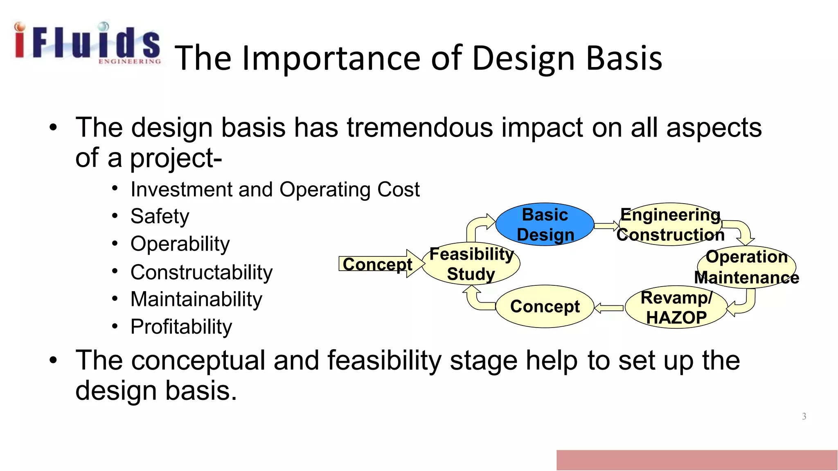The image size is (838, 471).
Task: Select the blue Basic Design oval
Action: (545, 224)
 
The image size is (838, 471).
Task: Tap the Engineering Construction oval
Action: (670, 224)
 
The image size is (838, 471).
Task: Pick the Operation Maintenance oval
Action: (746, 267)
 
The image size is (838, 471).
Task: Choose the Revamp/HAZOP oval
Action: (676, 307)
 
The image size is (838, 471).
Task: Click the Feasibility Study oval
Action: (471, 264)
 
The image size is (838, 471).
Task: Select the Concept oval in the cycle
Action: (545, 306)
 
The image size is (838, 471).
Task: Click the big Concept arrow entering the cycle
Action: (378, 264)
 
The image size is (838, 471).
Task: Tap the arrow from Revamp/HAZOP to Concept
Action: (608, 308)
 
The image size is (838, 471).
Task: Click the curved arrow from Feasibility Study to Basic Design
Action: (476, 226)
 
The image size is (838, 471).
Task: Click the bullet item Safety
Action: (160, 216)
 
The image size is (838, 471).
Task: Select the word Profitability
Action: (181, 327)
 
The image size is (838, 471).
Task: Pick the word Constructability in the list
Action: (201, 272)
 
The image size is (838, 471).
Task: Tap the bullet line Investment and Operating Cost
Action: (275, 190)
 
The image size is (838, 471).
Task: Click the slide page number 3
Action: (804, 416)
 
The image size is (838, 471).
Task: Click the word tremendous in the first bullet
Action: (420, 128)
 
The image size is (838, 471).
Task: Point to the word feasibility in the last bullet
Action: (384, 361)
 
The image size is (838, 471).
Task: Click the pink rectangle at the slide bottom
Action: (696, 460)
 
